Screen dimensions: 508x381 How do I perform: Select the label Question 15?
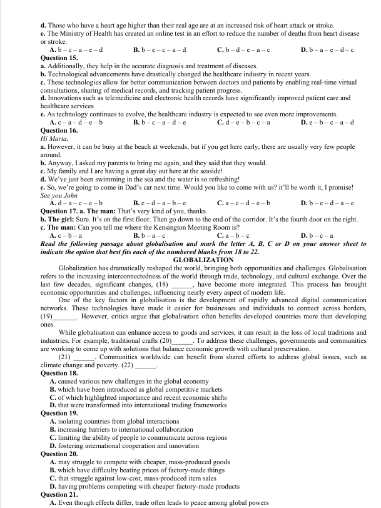[x=58, y=58]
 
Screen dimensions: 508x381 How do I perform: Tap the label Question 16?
[x=58, y=130]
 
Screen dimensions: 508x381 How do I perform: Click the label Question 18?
[x=58, y=373]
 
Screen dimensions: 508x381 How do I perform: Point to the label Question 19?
[x=58, y=413]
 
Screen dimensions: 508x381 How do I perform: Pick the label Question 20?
[x=58, y=454]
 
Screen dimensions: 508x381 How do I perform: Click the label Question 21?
[x=58, y=494]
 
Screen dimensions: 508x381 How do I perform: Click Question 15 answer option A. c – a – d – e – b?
[x=76, y=122]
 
